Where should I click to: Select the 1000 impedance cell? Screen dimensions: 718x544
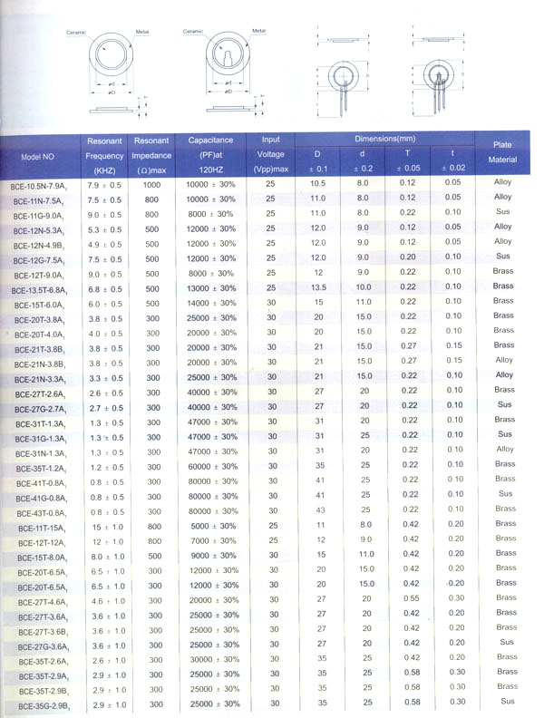click(151, 184)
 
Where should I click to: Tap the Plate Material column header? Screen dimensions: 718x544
click(502, 152)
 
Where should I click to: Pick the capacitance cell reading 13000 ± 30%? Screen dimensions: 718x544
click(210, 287)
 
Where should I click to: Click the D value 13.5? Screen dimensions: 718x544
click(318, 286)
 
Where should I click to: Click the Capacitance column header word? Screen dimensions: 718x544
click(210, 141)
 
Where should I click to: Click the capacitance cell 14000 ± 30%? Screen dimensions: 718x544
click(210, 303)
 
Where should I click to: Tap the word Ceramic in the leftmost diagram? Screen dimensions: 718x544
click(78, 32)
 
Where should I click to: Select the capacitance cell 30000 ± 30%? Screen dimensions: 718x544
click(210, 659)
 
